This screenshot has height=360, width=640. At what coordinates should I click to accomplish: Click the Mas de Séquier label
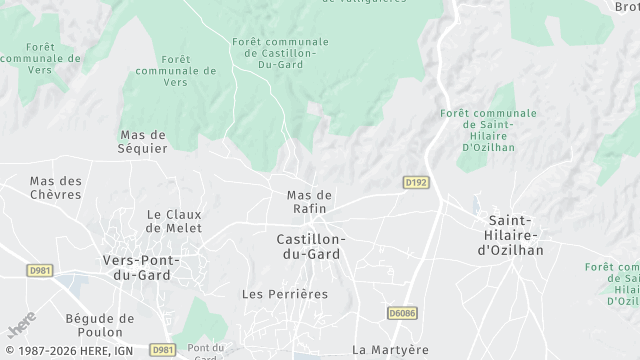[143, 141]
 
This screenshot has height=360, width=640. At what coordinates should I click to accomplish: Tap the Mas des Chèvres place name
[55, 188]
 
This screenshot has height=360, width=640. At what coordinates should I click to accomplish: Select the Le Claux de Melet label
[174, 221]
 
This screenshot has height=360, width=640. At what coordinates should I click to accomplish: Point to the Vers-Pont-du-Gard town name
[141, 267]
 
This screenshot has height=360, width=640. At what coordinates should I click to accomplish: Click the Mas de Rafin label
[309, 201]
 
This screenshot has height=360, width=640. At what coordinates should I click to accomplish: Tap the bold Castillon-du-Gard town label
[311, 247]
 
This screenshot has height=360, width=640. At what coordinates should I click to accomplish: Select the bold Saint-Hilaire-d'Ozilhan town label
[516, 235]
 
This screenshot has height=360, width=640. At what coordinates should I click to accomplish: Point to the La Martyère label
[390, 350]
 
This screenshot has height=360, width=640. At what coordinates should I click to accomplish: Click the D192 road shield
[416, 183]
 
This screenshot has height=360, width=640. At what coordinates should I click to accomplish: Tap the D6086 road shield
[402, 313]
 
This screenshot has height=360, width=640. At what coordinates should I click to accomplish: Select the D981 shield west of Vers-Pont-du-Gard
[40, 270]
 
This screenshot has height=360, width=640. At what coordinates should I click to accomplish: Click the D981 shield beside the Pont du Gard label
[163, 350]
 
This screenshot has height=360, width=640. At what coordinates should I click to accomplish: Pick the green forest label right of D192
[488, 130]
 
